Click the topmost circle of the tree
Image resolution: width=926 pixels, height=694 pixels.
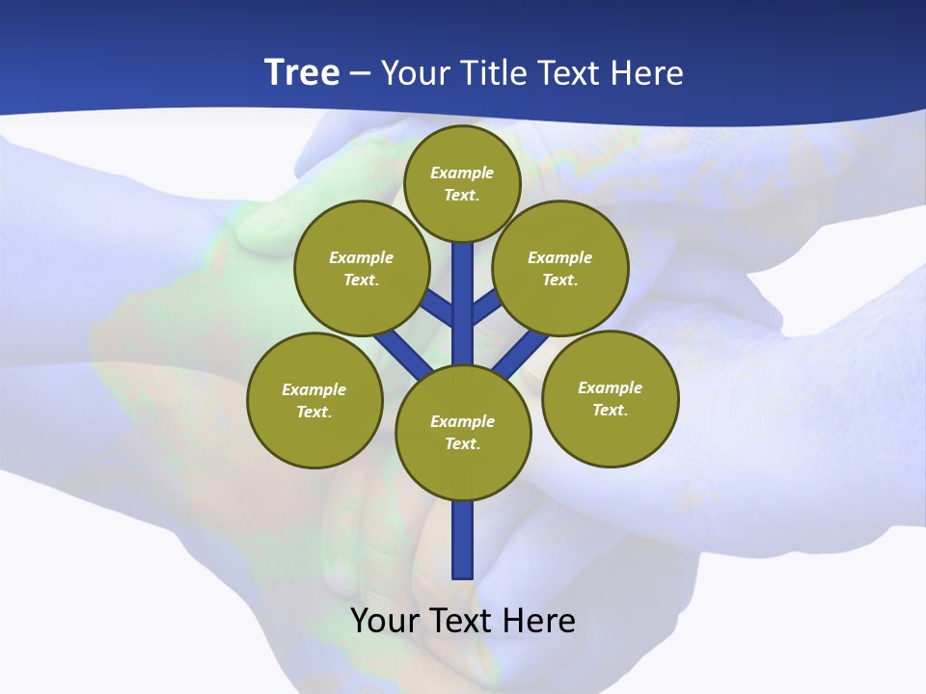(462, 183)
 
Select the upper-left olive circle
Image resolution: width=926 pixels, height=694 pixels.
(362, 268)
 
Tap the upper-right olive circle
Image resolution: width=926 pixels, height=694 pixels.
(560, 268)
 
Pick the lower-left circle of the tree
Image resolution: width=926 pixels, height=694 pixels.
(314, 400)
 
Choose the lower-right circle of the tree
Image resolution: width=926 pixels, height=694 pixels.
(611, 398)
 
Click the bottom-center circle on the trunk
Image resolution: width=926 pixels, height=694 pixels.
(463, 433)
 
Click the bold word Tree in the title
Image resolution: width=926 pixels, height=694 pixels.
(302, 72)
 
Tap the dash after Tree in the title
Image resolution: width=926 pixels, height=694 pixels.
(360, 72)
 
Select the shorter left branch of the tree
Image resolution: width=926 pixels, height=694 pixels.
(438, 307)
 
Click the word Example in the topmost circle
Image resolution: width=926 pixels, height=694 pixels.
(462, 173)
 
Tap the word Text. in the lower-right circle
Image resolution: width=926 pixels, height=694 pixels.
(610, 410)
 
